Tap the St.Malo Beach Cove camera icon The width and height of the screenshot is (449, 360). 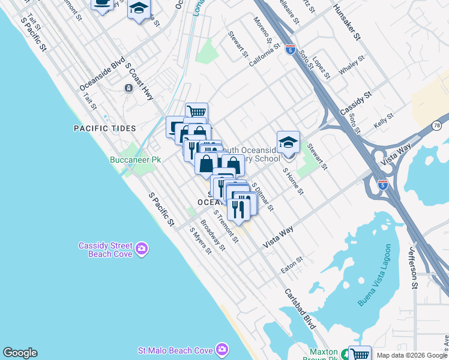(x=223, y=349)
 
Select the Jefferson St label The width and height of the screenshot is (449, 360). (x=414, y=267)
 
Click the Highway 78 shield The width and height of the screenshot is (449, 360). (x=437, y=125)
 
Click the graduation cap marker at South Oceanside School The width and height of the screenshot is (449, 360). (x=288, y=143)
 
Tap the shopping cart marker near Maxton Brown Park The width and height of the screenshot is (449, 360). (x=360, y=354)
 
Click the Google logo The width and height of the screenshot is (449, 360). (x=20, y=353)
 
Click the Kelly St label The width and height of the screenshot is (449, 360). (x=383, y=121)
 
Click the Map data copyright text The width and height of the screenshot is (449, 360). (x=411, y=355)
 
